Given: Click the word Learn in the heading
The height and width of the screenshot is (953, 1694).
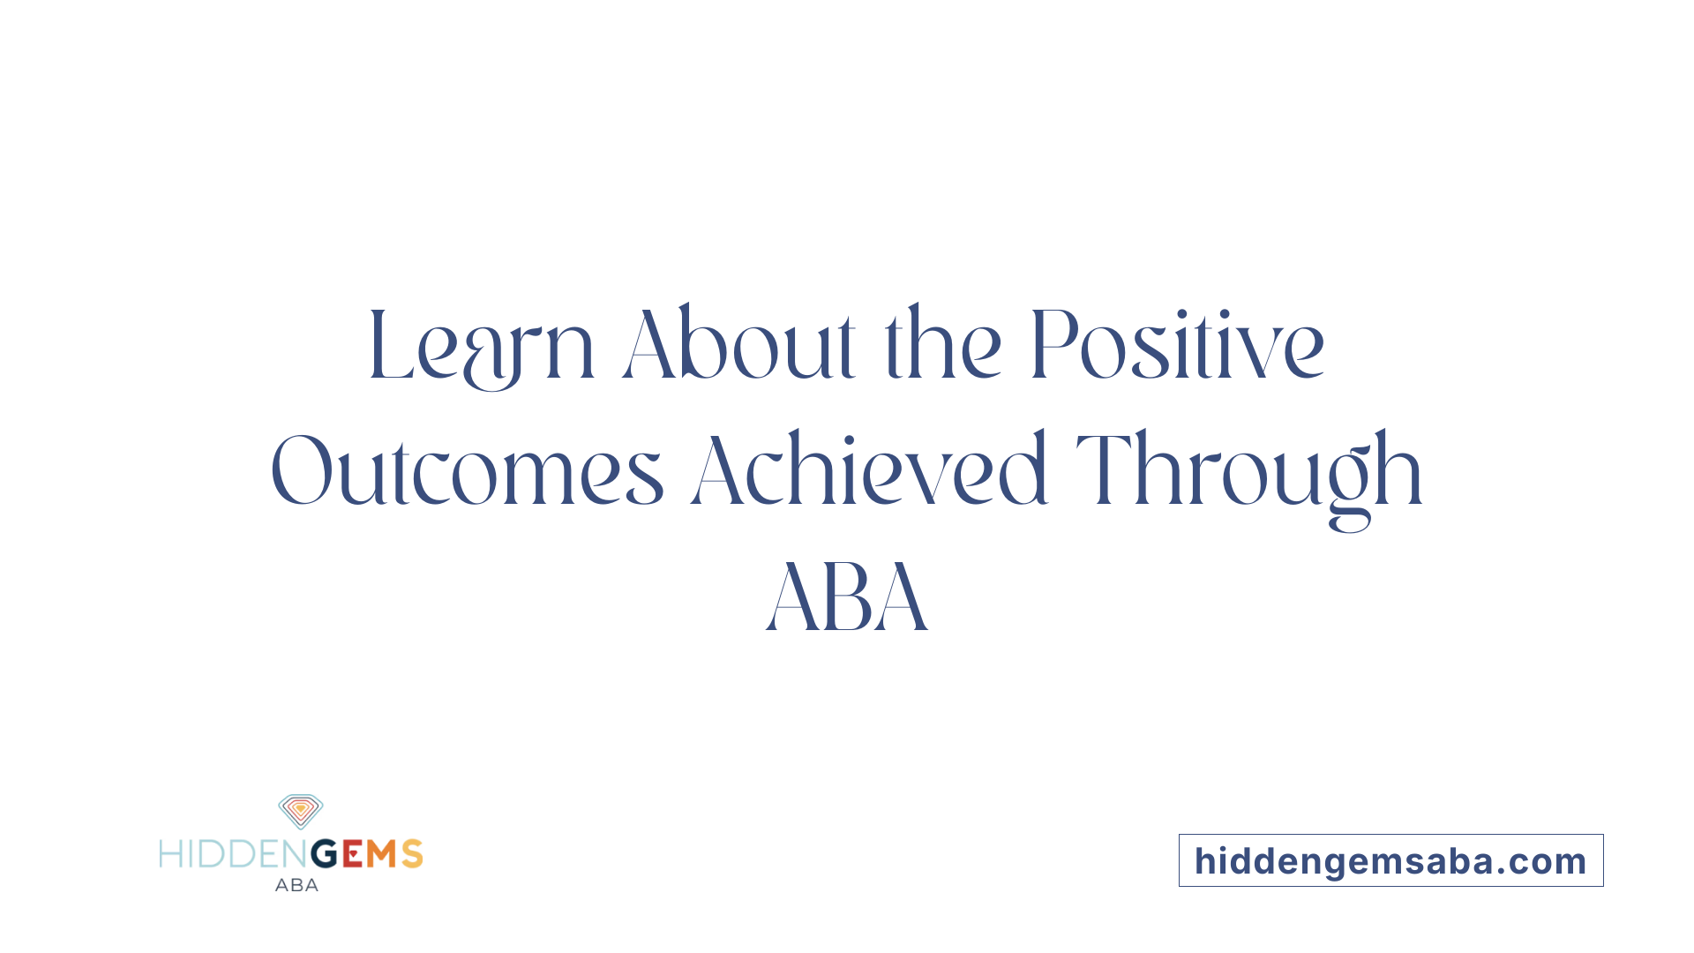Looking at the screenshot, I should pos(481,346).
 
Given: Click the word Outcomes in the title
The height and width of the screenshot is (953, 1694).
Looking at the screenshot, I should pos(467,471).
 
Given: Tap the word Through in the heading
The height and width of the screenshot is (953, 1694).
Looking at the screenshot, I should pos(1248,471).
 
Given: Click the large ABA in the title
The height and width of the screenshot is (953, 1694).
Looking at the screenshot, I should pos(847,597).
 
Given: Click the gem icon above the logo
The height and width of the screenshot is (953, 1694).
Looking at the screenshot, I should pos(300,811).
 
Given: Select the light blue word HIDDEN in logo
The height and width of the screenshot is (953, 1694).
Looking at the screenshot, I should pos(234,854).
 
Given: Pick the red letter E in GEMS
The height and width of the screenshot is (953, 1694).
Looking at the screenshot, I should pos(352,854).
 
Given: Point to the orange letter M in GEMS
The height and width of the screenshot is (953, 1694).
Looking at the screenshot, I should pos(382,854).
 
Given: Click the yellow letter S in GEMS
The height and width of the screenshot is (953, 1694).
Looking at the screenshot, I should pos(412,854).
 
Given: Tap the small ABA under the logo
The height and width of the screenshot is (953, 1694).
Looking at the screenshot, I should pos(296,885).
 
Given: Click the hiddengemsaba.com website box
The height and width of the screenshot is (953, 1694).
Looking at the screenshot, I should pos(1390,860).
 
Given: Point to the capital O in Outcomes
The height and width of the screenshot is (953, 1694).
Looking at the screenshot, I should pos(301,471).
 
